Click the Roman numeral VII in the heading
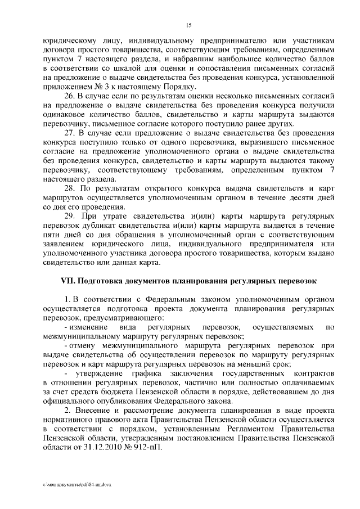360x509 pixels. [x=67, y=280]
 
